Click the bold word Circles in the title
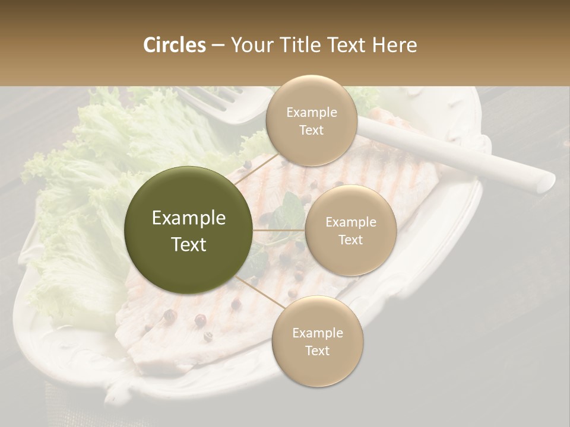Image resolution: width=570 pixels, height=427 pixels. pos(174,45)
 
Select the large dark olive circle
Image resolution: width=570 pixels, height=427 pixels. pos(189,230)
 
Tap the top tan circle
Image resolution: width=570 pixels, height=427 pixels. pos(311,120)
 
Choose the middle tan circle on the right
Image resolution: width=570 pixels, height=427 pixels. pos(350,230)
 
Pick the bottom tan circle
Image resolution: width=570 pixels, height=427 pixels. pos(317,341)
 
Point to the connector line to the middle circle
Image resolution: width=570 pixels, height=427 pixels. pos(279,230)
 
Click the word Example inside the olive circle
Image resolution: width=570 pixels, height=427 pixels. pos(189,218)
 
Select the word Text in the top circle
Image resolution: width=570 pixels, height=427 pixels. pos(311,130)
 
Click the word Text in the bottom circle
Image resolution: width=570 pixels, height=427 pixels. pos(317,350)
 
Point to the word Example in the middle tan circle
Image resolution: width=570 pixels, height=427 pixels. pos(350,222)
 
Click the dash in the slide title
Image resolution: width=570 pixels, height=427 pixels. pos(217,46)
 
